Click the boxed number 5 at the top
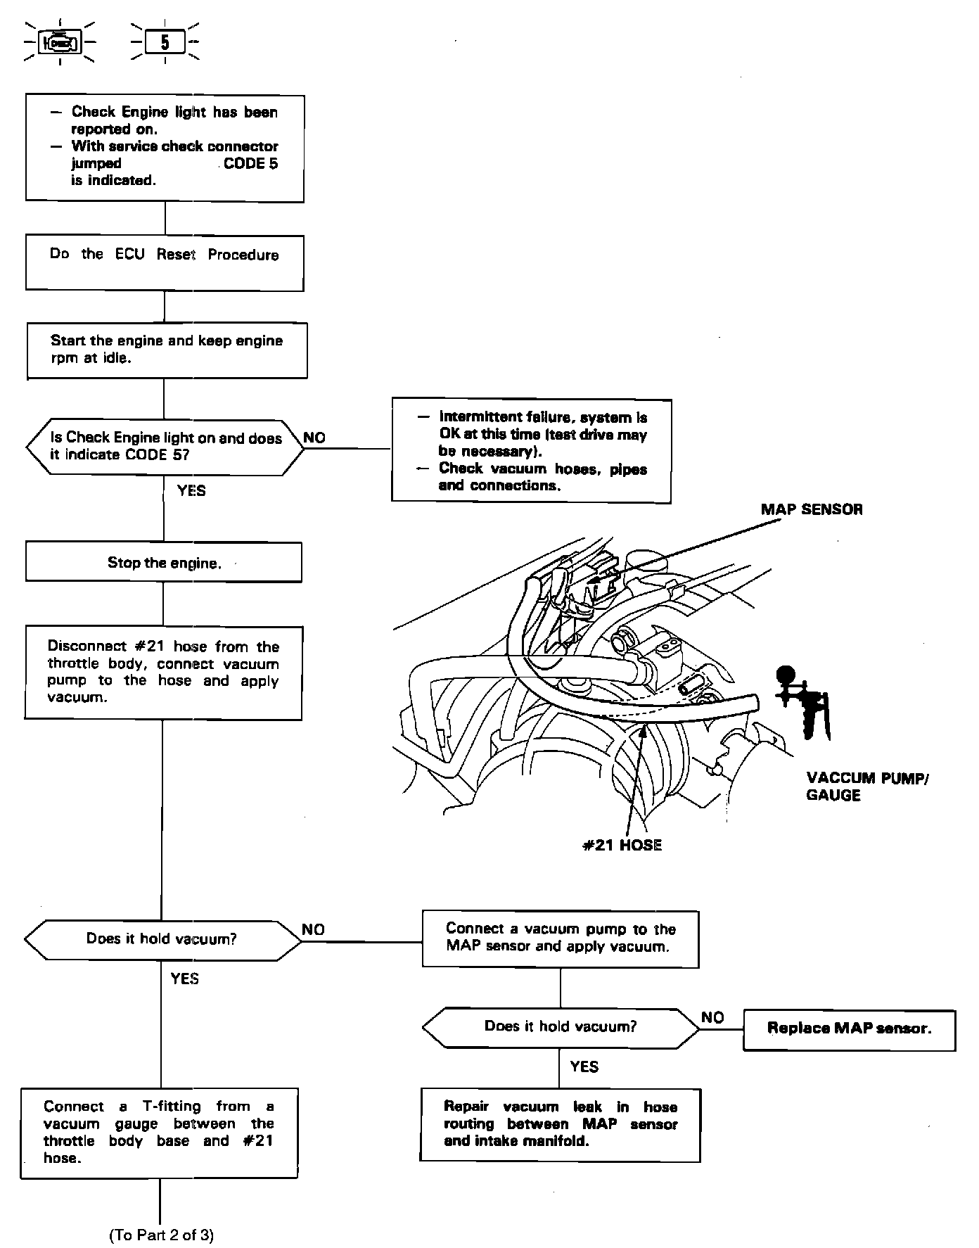pos(165,43)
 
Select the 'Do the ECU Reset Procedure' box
pos(165,262)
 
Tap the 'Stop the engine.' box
pos(164,562)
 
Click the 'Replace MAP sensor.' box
pos(849,1030)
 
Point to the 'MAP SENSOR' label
pos(811,509)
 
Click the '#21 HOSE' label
pos(622,845)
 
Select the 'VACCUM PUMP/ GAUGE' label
pos(866,787)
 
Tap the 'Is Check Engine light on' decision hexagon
pos(165,447)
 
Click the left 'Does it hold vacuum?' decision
pos(162,939)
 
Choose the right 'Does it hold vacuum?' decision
pos(561,1026)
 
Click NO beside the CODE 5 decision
pos(314,438)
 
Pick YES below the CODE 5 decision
pos(191,490)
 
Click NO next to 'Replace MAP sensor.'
pos(712,1017)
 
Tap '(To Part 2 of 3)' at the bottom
pos(161,1235)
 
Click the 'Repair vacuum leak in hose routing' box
pos(561,1124)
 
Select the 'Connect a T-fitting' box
pos(159,1133)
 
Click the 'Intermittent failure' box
pos(532,451)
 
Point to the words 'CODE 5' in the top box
pos(251,163)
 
